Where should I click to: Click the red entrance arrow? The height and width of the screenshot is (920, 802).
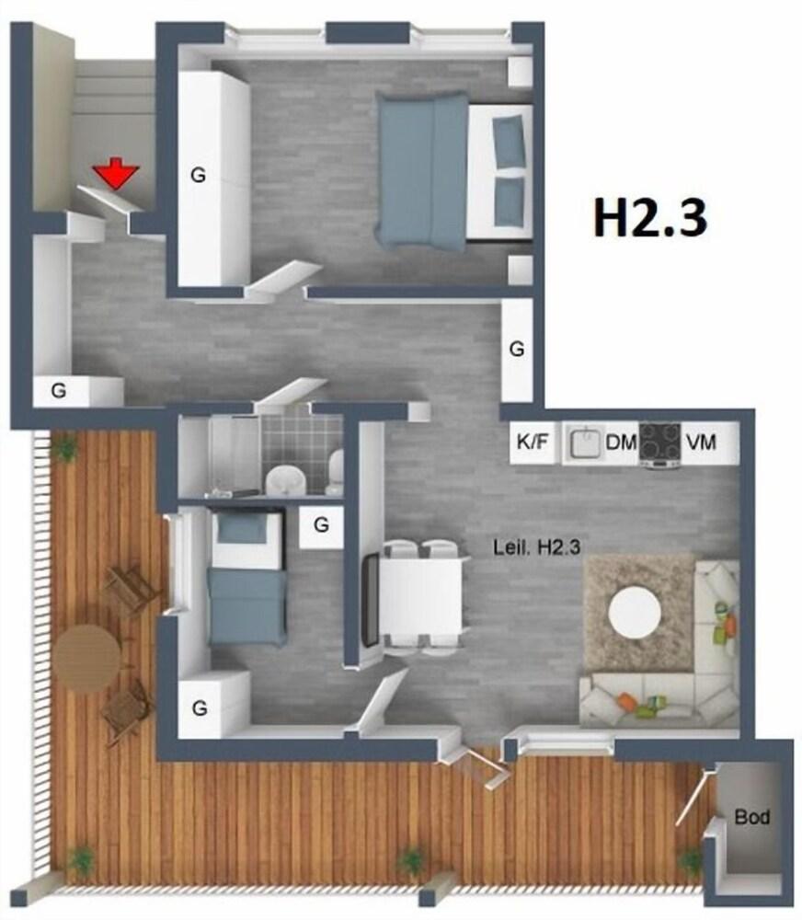pos(116,172)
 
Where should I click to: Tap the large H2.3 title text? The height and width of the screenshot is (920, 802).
pos(648,218)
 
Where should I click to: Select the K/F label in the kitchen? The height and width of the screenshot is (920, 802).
pos(532,443)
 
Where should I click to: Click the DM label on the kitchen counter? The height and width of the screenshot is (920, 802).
pos(621,443)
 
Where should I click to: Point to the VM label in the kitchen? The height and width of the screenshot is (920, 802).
pos(700,443)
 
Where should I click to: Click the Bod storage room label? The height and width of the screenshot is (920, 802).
pos(751,816)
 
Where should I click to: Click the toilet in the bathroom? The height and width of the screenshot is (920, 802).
pos(335,469)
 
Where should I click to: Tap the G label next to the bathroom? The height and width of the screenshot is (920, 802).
pos(321,524)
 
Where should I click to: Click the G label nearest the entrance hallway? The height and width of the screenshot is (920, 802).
pos(58,390)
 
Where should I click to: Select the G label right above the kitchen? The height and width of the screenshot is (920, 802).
pos(517,349)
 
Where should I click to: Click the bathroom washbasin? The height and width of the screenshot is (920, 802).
pos(288,477)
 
